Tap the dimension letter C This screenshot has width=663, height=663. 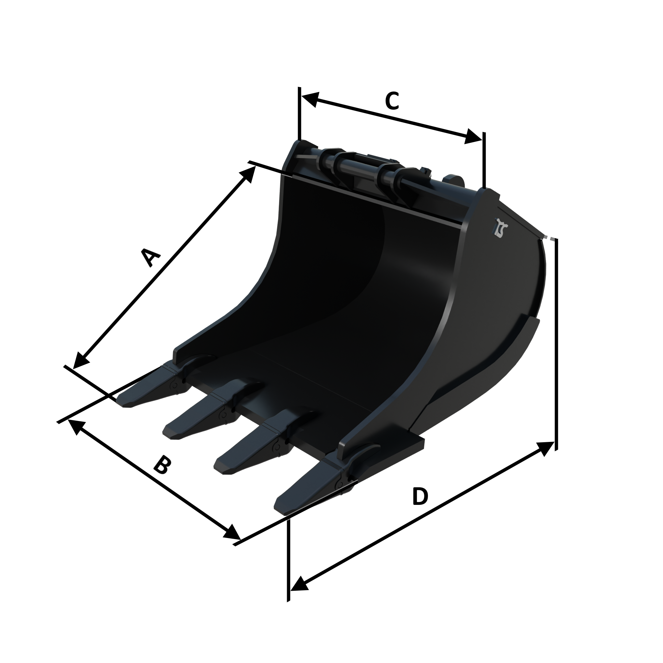392,101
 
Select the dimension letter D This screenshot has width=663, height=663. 420,497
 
